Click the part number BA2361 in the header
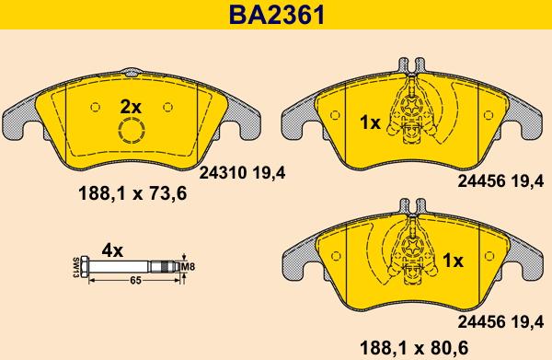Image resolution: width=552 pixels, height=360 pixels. (x=277, y=15)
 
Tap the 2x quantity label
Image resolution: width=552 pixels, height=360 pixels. (x=131, y=107)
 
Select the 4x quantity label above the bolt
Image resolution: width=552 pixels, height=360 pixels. (x=112, y=250)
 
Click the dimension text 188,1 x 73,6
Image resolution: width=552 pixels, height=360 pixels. (x=132, y=193)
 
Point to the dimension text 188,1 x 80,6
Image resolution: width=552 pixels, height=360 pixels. (x=414, y=348)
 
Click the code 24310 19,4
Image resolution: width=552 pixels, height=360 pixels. (x=243, y=172)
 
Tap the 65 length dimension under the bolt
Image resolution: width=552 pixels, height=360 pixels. (x=135, y=281)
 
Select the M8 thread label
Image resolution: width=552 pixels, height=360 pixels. (x=188, y=267)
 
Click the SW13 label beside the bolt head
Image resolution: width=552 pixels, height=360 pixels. (x=75, y=267)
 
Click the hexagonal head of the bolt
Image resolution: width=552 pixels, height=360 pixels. (x=85, y=267)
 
